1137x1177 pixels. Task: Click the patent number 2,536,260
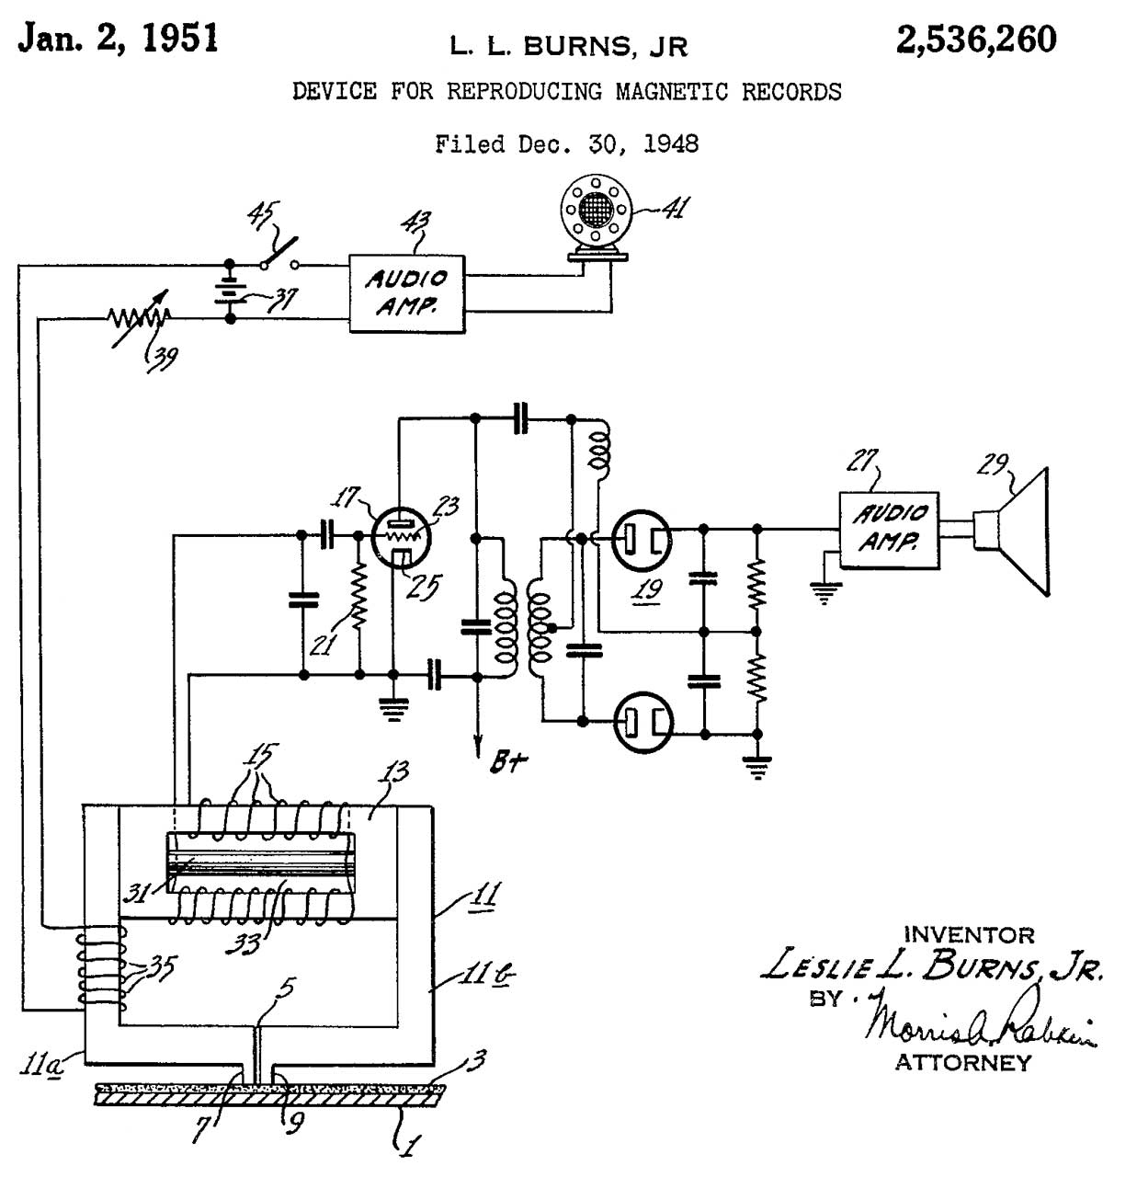pos(976,40)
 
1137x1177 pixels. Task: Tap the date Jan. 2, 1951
pos(119,38)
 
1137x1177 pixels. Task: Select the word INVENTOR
pos(969,934)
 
